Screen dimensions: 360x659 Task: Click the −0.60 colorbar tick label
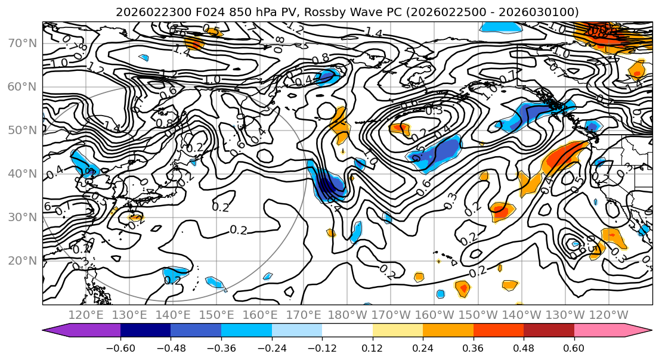point(120,347)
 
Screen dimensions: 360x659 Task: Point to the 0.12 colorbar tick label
point(372,347)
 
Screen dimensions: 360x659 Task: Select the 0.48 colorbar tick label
point(524,347)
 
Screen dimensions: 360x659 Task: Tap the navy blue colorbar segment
point(145,330)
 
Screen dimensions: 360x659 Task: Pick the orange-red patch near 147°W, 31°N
point(502,210)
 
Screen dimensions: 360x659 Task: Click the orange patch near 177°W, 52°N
point(339,123)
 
